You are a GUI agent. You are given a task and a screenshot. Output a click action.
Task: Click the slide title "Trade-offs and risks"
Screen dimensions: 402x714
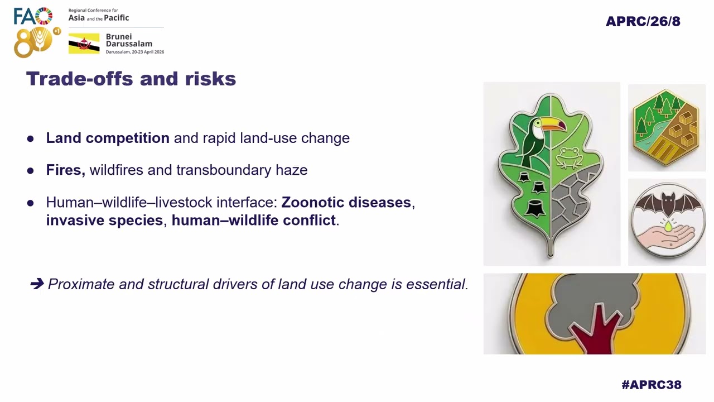(x=131, y=79)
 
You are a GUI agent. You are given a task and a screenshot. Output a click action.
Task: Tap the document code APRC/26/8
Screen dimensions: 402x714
(x=643, y=22)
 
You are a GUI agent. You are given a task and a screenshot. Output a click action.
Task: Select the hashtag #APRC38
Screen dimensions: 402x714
(x=651, y=385)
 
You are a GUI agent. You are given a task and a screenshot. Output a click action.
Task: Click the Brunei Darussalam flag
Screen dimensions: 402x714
(x=84, y=44)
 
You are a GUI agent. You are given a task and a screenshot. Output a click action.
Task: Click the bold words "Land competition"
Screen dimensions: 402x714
(x=108, y=138)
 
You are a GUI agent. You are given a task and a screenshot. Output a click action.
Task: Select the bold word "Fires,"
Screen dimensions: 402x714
(x=65, y=170)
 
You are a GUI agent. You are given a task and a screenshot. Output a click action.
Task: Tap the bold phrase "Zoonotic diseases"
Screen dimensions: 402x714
(x=346, y=202)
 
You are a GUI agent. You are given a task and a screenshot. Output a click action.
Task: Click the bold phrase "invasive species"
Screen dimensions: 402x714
(x=104, y=220)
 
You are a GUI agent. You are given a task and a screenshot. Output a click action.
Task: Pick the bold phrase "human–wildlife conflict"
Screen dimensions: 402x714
(x=253, y=220)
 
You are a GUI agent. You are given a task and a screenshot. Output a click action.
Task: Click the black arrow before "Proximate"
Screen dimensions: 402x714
(x=37, y=284)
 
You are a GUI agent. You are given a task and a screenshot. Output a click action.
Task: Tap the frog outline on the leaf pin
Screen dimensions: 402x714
(x=570, y=157)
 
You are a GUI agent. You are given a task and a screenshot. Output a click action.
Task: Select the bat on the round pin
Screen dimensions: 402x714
(x=667, y=204)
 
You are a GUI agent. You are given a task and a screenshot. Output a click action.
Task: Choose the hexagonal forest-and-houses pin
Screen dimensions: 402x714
(x=667, y=128)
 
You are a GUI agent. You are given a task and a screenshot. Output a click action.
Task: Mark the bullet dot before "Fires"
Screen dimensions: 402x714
(x=31, y=170)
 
